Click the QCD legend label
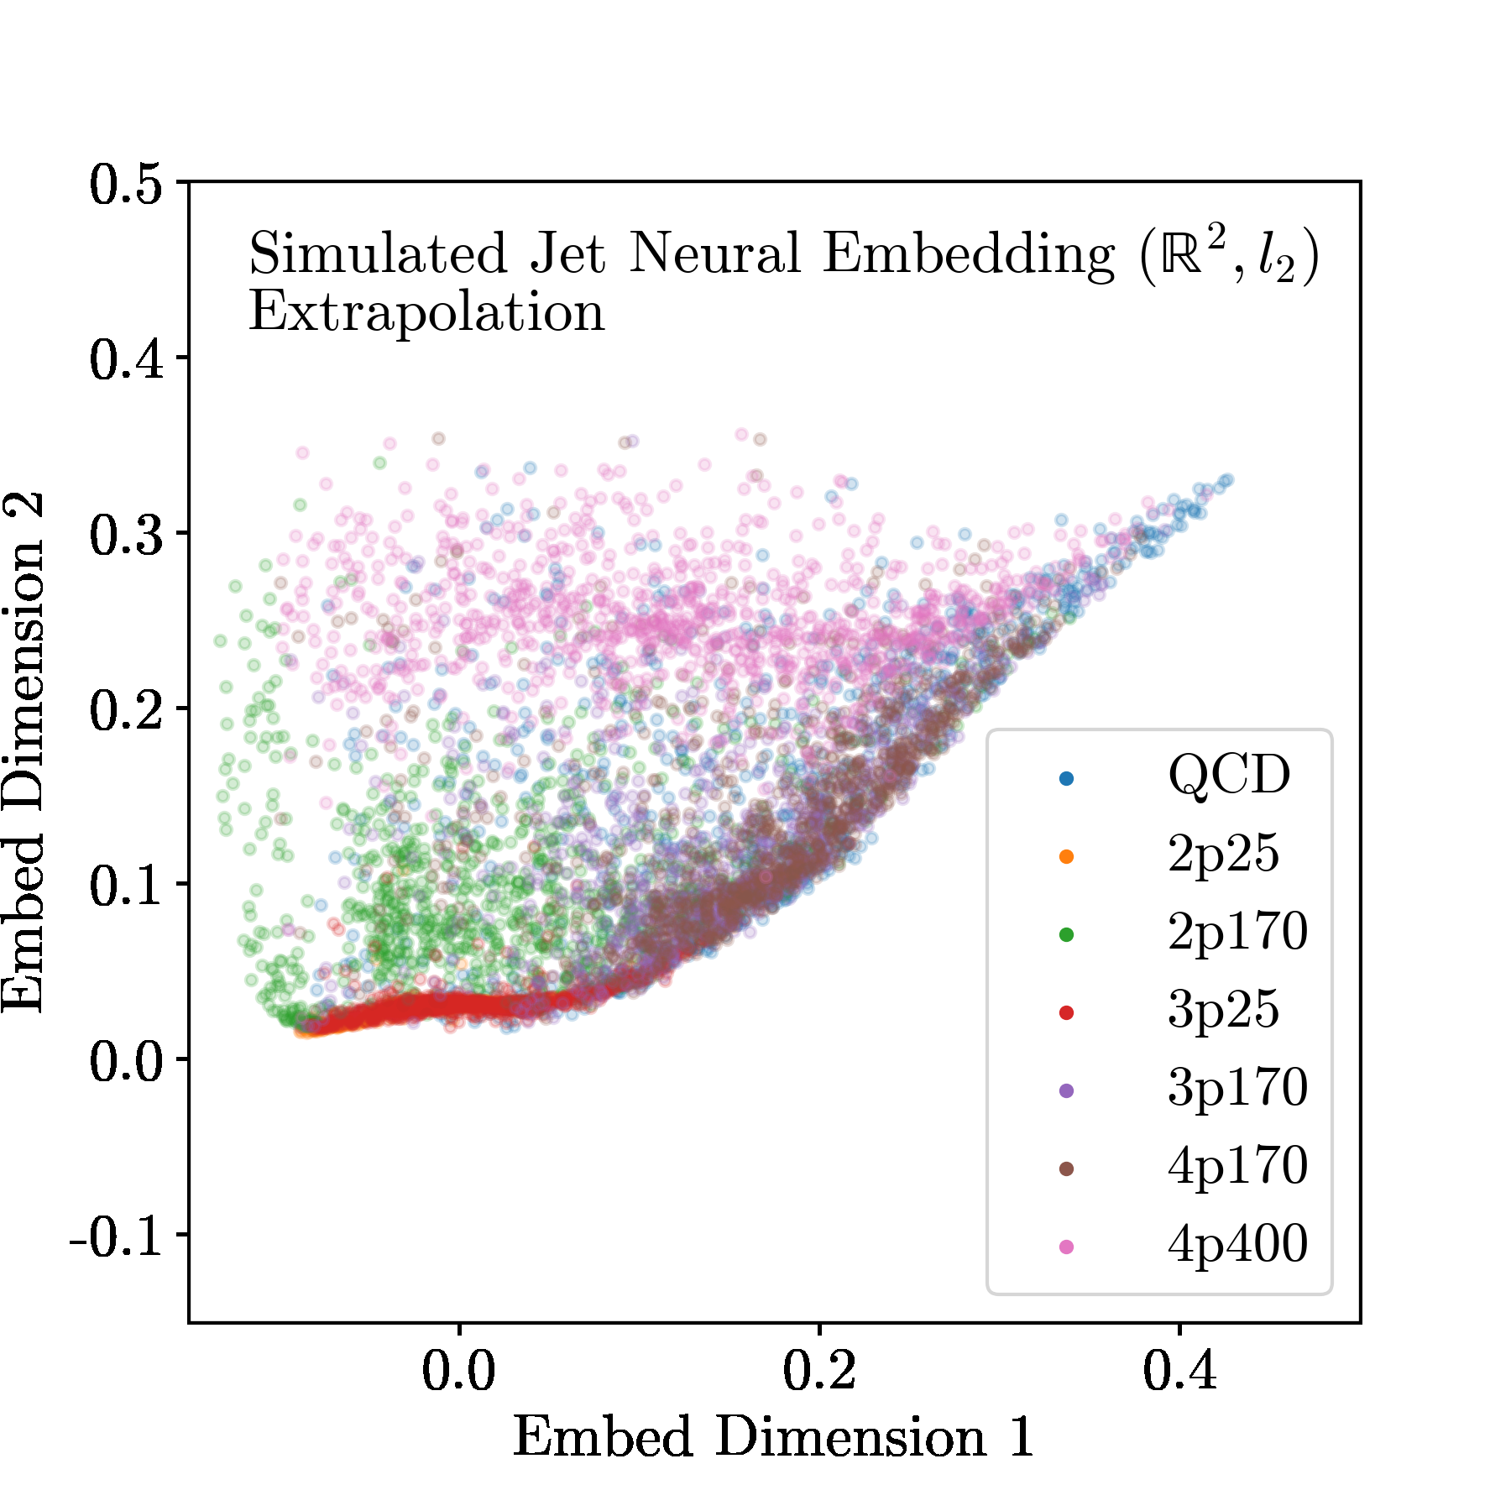tap(1228, 775)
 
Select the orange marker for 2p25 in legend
tap(1066, 856)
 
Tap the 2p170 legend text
tap(1237, 932)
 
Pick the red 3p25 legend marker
tap(1066, 1012)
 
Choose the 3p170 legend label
tap(1237, 1088)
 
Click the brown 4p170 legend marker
tap(1066, 1169)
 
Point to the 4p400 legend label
tap(1237, 1244)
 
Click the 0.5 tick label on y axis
tap(126, 184)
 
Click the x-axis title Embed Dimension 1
tap(773, 1437)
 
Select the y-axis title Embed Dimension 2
tap(24, 752)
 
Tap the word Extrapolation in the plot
tap(426, 314)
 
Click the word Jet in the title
tap(567, 254)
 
